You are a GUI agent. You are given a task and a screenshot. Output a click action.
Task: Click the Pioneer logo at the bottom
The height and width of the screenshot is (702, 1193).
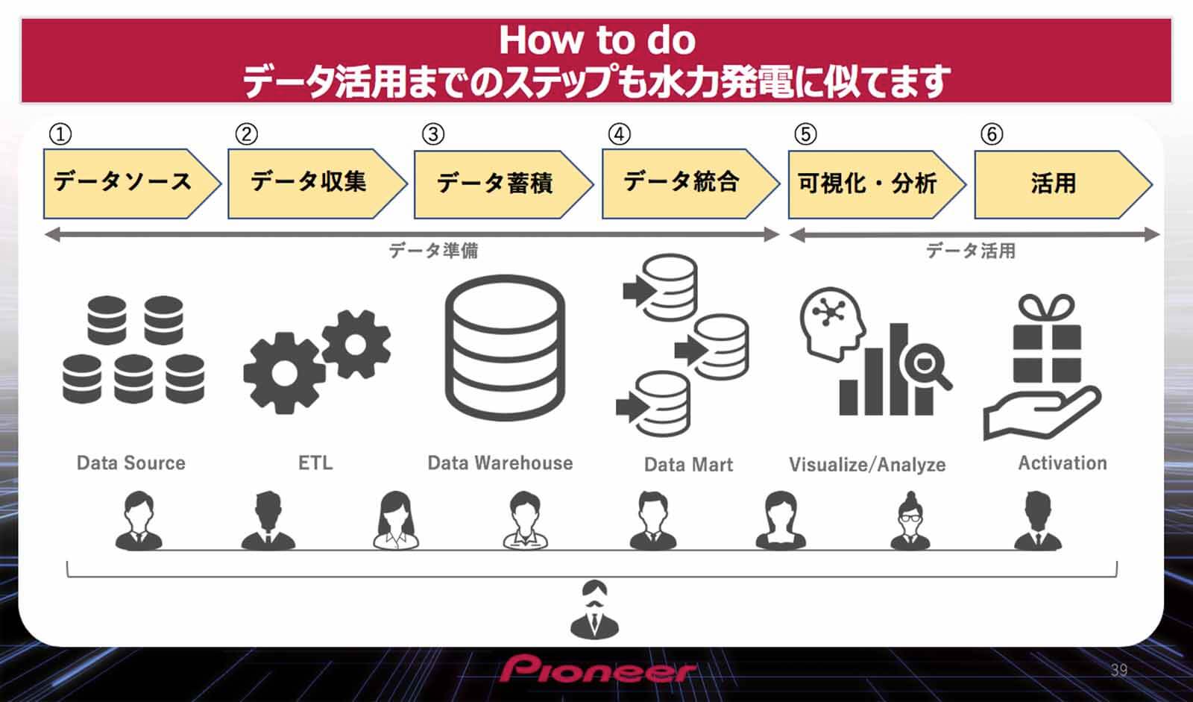click(x=598, y=669)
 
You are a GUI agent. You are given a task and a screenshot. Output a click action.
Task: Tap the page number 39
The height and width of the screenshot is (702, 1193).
click(x=1118, y=669)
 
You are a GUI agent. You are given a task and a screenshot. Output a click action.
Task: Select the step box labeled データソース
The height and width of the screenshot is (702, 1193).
click(x=123, y=183)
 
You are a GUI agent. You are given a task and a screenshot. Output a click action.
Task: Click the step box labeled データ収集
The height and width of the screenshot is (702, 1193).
click(x=309, y=183)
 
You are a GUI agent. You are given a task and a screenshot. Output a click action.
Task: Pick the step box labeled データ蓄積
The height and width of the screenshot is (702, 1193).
click(x=495, y=183)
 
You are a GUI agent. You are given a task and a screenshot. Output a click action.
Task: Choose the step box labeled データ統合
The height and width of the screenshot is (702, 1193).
click(x=682, y=183)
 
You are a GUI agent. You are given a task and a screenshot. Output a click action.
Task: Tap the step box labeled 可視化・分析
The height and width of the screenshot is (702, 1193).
click(x=868, y=183)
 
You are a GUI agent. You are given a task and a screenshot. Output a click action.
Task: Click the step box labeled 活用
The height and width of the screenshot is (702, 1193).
click(x=1054, y=183)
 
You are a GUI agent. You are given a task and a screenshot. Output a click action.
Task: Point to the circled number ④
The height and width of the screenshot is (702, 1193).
click(x=619, y=134)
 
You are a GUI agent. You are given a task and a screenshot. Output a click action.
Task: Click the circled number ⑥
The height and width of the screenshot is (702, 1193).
click(x=992, y=134)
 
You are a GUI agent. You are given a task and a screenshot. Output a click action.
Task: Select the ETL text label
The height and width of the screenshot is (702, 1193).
click(x=315, y=463)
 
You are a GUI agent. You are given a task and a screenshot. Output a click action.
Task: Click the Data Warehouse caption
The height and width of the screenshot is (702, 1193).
click(x=500, y=463)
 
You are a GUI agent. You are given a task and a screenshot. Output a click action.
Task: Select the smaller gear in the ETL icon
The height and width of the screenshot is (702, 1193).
click(x=356, y=344)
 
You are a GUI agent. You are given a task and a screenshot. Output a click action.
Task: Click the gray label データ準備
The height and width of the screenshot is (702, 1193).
click(x=433, y=251)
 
